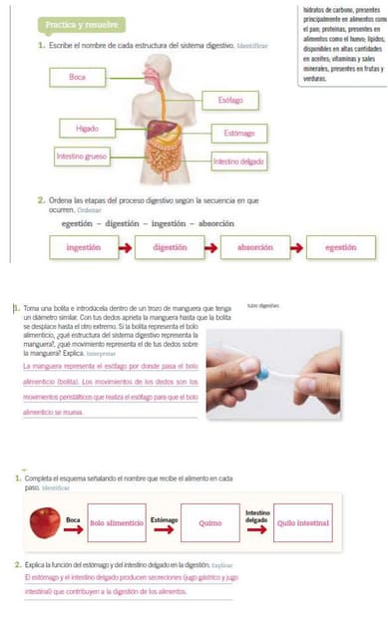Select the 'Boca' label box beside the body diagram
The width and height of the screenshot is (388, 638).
78,77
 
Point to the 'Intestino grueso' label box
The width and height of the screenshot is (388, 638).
84,157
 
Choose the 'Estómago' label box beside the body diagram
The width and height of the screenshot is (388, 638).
238,133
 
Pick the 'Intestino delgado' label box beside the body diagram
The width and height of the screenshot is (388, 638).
238,160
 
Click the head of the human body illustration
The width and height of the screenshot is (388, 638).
161,65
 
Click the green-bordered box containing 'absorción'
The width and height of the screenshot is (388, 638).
255,246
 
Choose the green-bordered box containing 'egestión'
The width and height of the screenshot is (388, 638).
341,246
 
